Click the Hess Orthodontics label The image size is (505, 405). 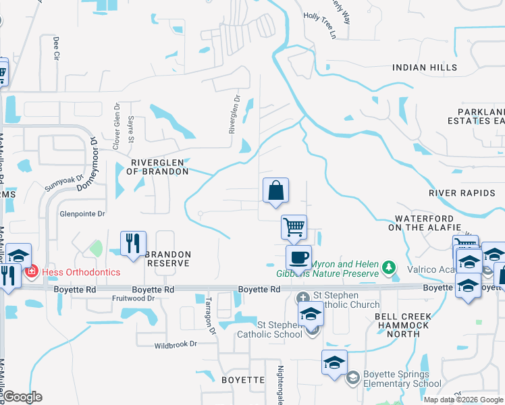(x=80, y=272)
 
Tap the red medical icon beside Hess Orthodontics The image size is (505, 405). (x=30, y=272)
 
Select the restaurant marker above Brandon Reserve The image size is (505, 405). (x=133, y=244)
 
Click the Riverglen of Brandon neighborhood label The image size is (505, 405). (x=159, y=167)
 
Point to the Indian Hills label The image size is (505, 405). (x=425, y=67)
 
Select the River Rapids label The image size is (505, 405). (x=457, y=193)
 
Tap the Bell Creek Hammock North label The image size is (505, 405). (x=402, y=321)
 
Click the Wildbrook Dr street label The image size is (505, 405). (x=175, y=344)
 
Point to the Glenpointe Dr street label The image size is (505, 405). (x=83, y=214)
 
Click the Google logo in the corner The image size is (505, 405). (x=22, y=397)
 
